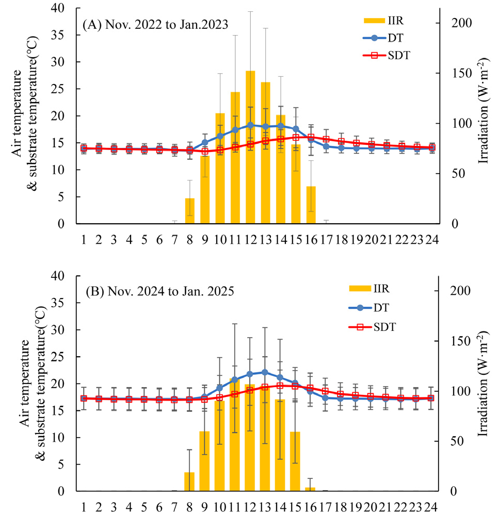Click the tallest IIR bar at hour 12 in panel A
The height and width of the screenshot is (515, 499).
pos(250,149)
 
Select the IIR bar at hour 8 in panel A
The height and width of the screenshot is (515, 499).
pos(190,211)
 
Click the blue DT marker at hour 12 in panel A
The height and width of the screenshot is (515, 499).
pos(250,125)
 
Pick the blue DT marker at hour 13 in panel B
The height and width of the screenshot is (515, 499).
pos(265,372)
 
